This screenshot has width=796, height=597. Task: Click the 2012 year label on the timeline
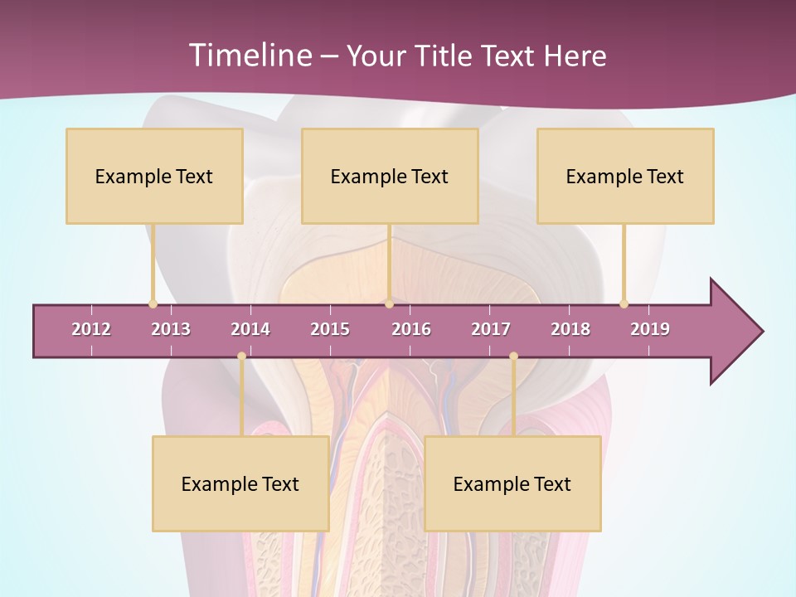pos(91,329)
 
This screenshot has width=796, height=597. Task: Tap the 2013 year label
pos(171,329)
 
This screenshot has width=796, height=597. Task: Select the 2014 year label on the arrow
pos(250,329)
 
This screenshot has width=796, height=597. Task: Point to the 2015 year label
pos(330,329)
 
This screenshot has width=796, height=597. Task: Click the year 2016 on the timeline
pos(411,329)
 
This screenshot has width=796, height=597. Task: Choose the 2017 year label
pos(491,329)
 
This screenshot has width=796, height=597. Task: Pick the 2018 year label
pos(570,329)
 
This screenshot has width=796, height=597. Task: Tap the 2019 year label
pos(650,329)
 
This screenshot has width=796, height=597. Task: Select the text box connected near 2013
pos(154,176)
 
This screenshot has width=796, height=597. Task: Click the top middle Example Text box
pos(390,176)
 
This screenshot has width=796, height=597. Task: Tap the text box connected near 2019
pos(625,176)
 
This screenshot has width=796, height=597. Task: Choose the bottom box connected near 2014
pos(240,483)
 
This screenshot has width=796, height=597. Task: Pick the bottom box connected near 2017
pos(512,483)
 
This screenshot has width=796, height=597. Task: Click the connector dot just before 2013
pos(153,303)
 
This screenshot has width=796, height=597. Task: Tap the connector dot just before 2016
pos(389,303)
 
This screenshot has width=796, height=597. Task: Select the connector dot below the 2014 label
pos(241,356)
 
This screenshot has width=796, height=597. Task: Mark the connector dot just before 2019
pos(624,303)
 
